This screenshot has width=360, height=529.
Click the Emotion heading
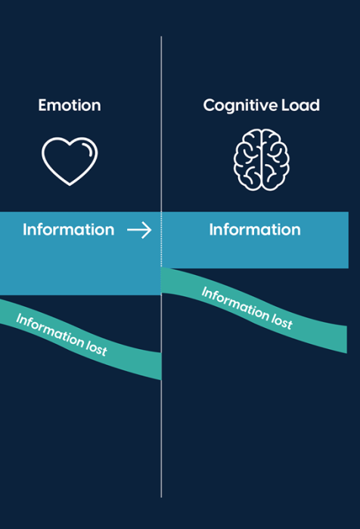click(x=70, y=105)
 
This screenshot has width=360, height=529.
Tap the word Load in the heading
click(x=300, y=105)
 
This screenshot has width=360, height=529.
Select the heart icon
click(x=70, y=161)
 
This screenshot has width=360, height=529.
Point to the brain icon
click(x=262, y=159)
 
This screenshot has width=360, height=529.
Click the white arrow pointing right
click(x=139, y=230)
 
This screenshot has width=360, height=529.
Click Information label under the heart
click(x=69, y=230)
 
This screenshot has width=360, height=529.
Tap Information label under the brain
click(x=255, y=230)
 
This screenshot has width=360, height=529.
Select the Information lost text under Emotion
click(x=61, y=335)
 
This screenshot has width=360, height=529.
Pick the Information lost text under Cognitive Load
click(x=247, y=308)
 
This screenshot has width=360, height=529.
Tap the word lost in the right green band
click(x=282, y=320)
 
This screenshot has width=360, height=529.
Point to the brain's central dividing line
click(x=261, y=159)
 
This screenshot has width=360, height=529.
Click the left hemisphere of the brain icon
click(x=247, y=159)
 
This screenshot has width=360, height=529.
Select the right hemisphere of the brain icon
click(x=275, y=159)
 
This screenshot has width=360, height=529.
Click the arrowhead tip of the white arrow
click(x=151, y=230)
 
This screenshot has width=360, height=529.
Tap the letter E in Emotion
click(x=42, y=105)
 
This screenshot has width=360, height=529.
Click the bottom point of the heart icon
click(x=70, y=185)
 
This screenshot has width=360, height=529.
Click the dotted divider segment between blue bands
click(x=161, y=240)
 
